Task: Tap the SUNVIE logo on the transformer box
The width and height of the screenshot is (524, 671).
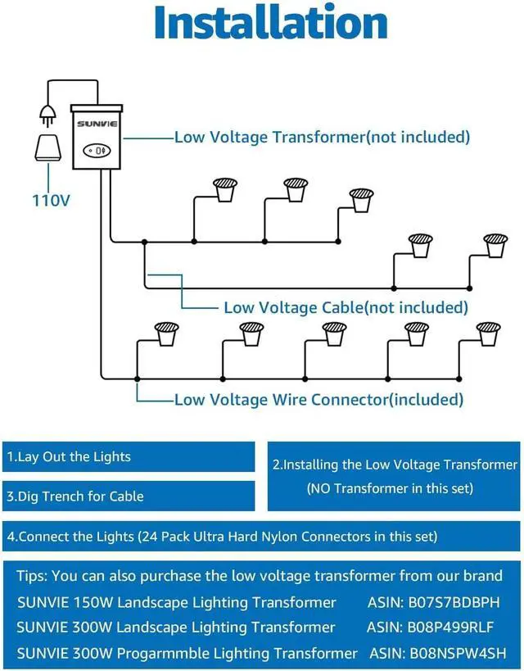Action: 97,124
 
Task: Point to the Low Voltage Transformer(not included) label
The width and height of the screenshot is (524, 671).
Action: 322,137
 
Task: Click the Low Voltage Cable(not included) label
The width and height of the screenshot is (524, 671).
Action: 346,307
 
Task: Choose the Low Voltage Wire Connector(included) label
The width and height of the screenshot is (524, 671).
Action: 318,400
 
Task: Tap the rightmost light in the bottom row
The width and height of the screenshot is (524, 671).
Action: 489,333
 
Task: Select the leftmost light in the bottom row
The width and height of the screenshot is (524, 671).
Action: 167,333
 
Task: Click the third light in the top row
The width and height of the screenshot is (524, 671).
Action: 361,200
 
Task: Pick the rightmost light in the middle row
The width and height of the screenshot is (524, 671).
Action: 495,245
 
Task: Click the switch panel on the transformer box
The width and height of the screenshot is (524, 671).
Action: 97,151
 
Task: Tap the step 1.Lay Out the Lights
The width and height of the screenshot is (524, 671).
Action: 69,456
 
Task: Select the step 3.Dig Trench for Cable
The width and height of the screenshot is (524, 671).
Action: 75,496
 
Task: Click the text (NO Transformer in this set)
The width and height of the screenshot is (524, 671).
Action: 390,489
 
